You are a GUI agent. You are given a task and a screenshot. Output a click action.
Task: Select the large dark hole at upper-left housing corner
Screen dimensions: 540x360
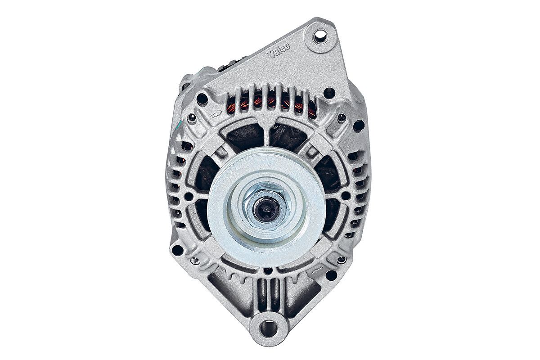tap(202, 99)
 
